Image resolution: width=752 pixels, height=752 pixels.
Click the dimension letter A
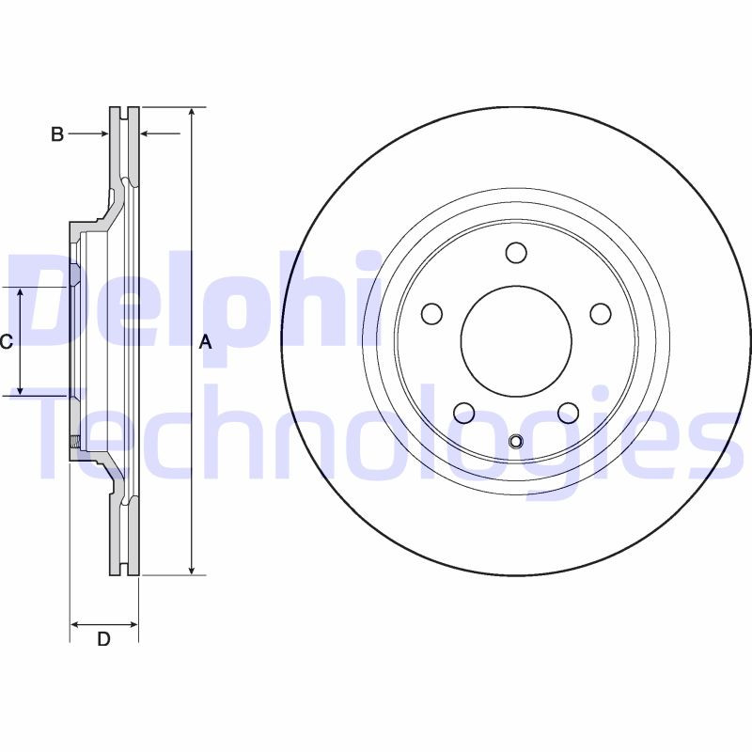click(x=206, y=344)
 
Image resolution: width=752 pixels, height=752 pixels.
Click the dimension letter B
click(x=56, y=135)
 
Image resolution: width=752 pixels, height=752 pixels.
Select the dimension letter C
click(x=6, y=342)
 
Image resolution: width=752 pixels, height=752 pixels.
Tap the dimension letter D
click(x=104, y=640)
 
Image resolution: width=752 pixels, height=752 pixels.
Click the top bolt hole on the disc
click(x=516, y=253)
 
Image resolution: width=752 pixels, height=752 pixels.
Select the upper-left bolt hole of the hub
click(x=432, y=313)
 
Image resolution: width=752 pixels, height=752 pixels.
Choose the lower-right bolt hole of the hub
click(x=567, y=412)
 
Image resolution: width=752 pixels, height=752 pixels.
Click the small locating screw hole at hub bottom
click(x=516, y=442)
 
